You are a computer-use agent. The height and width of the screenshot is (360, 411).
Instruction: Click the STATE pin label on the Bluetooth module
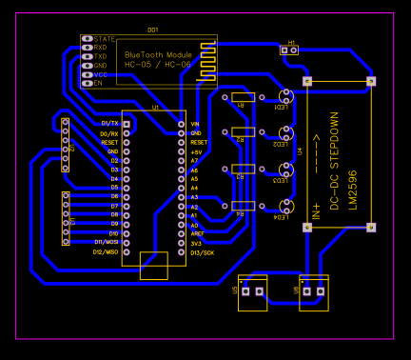tap(104, 39)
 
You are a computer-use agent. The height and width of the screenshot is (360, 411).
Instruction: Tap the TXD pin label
tap(100, 56)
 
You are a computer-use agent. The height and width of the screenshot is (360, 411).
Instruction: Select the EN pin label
tap(97, 83)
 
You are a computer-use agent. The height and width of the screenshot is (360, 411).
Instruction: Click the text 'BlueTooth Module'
tap(158, 55)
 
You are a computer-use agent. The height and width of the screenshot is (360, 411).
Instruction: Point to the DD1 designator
tap(154, 30)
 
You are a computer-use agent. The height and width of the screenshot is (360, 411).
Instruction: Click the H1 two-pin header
tap(292, 50)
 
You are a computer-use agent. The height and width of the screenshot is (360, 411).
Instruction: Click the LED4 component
tap(284, 206)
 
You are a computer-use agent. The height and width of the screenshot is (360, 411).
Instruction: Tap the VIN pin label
tap(195, 124)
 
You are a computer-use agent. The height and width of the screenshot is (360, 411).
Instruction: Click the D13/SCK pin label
tap(202, 252)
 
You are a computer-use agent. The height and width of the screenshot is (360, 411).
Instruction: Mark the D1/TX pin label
tap(109, 124)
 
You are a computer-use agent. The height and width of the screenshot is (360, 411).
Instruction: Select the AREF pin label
tap(197, 233)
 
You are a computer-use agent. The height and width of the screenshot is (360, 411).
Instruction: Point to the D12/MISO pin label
tap(105, 252)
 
